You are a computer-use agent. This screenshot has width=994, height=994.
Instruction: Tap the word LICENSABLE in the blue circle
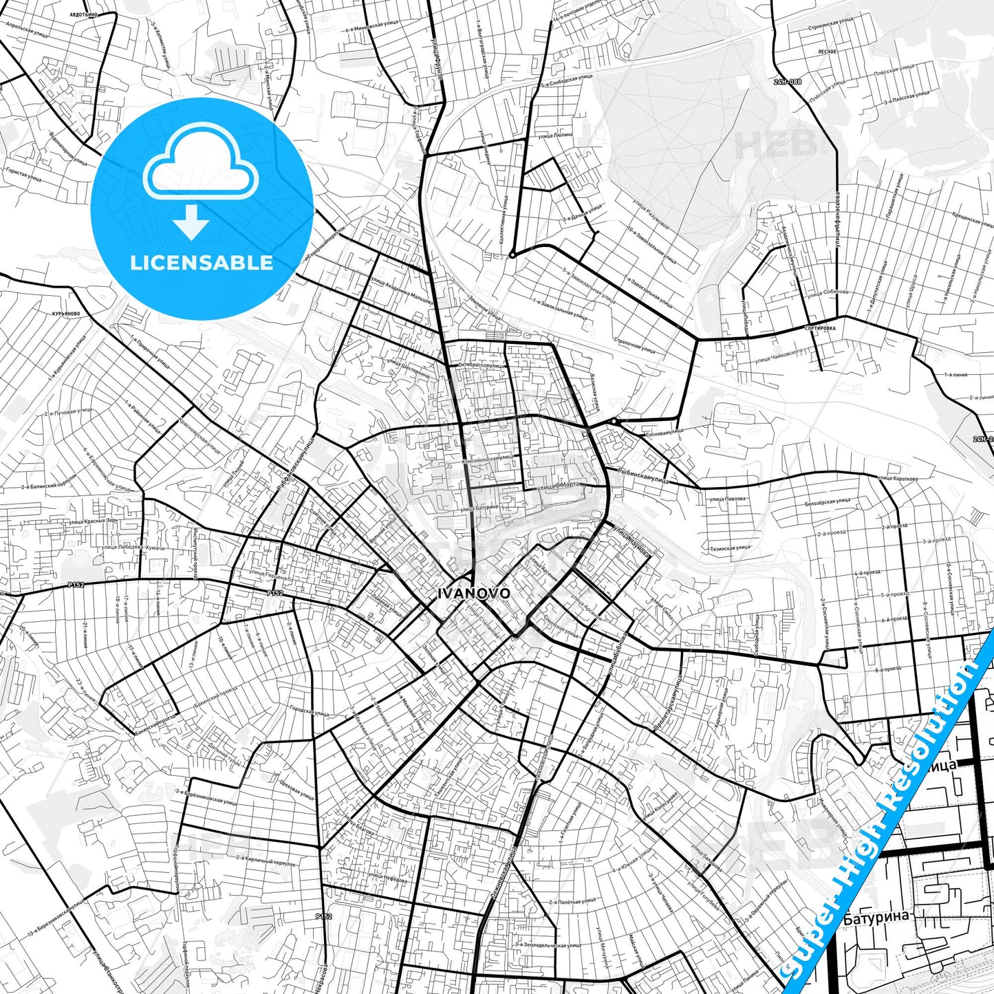pos(202,263)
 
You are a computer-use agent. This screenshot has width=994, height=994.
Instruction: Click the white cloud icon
pos(200,167)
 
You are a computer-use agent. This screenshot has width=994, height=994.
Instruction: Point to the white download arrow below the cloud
pos(191,222)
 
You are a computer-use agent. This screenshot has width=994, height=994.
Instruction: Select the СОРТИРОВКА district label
pos(819,329)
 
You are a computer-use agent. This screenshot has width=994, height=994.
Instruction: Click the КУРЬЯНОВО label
pos(65,314)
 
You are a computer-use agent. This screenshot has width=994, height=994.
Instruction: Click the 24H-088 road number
pos(787,81)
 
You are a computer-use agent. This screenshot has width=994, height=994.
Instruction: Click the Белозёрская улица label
pos(828,502)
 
